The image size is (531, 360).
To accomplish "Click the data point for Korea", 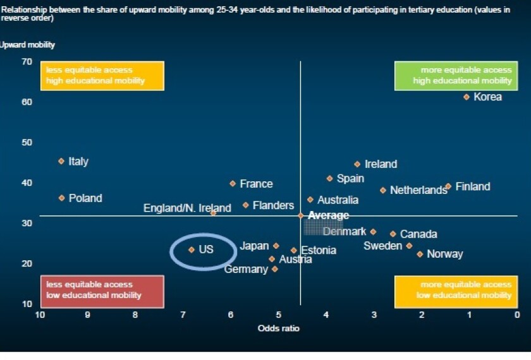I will pyautogui.click(x=467, y=97).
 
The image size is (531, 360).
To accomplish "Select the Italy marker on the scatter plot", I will pyautogui.click(x=61, y=161).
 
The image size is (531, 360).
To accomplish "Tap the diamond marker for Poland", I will pyautogui.click(x=61, y=198).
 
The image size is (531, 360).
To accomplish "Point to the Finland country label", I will pyautogui.click(x=472, y=186).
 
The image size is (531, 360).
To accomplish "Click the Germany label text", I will pyautogui.click(x=247, y=270).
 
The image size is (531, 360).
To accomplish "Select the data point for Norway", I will pyautogui.click(x=420, y=254).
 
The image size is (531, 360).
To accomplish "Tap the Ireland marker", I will pyautogui.click(x=357, y=164).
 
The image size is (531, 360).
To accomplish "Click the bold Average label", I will pyautogui.click(x=328, y=216).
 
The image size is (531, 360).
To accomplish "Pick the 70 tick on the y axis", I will pyautogui.click(x=26, y=61).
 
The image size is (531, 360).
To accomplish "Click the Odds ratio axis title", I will pyautogui.click(x=278, y=328).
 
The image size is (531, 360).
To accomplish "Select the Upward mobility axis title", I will pyautogui.click(x=28, y=45).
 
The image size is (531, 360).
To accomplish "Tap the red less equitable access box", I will pyautogui.click(x=102, y=290).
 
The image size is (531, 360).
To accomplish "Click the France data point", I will pyautogui.click(x=233, y=183).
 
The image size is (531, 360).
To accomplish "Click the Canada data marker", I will pyautogui.click(x=393, y=234).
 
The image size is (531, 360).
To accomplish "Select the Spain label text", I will pyautogui.click(x=350, y=178).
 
